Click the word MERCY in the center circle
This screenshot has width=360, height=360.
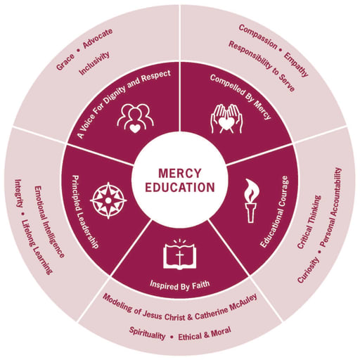click(x=180, y=173)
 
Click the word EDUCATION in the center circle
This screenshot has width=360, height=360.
click(x=180, y=188)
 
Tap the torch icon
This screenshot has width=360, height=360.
click(x=251, y=200)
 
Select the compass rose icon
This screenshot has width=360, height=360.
click(x=108, y=200)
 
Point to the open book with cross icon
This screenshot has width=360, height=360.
click(x=180, y=254)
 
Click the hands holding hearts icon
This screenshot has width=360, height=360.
click(x=226, y=119)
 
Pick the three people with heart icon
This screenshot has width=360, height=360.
click(x=136, y=119)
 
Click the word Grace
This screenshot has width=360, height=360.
click(x=65, y=62)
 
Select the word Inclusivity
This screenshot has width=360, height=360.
click(x=94, y=63)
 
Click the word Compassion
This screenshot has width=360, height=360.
click(x=258, y=37)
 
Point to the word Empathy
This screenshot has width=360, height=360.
click(x=296, y=65)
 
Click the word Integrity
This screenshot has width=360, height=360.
click(x=19, y=193)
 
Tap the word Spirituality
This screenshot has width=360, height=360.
click(x=147, y=333)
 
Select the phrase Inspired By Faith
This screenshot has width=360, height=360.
click(x=180, y=285)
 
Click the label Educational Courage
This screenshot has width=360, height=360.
click(x=275, y=212)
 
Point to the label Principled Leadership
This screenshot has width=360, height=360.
click(x=84, y=212)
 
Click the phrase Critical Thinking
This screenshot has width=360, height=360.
click(x=309, y=221)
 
